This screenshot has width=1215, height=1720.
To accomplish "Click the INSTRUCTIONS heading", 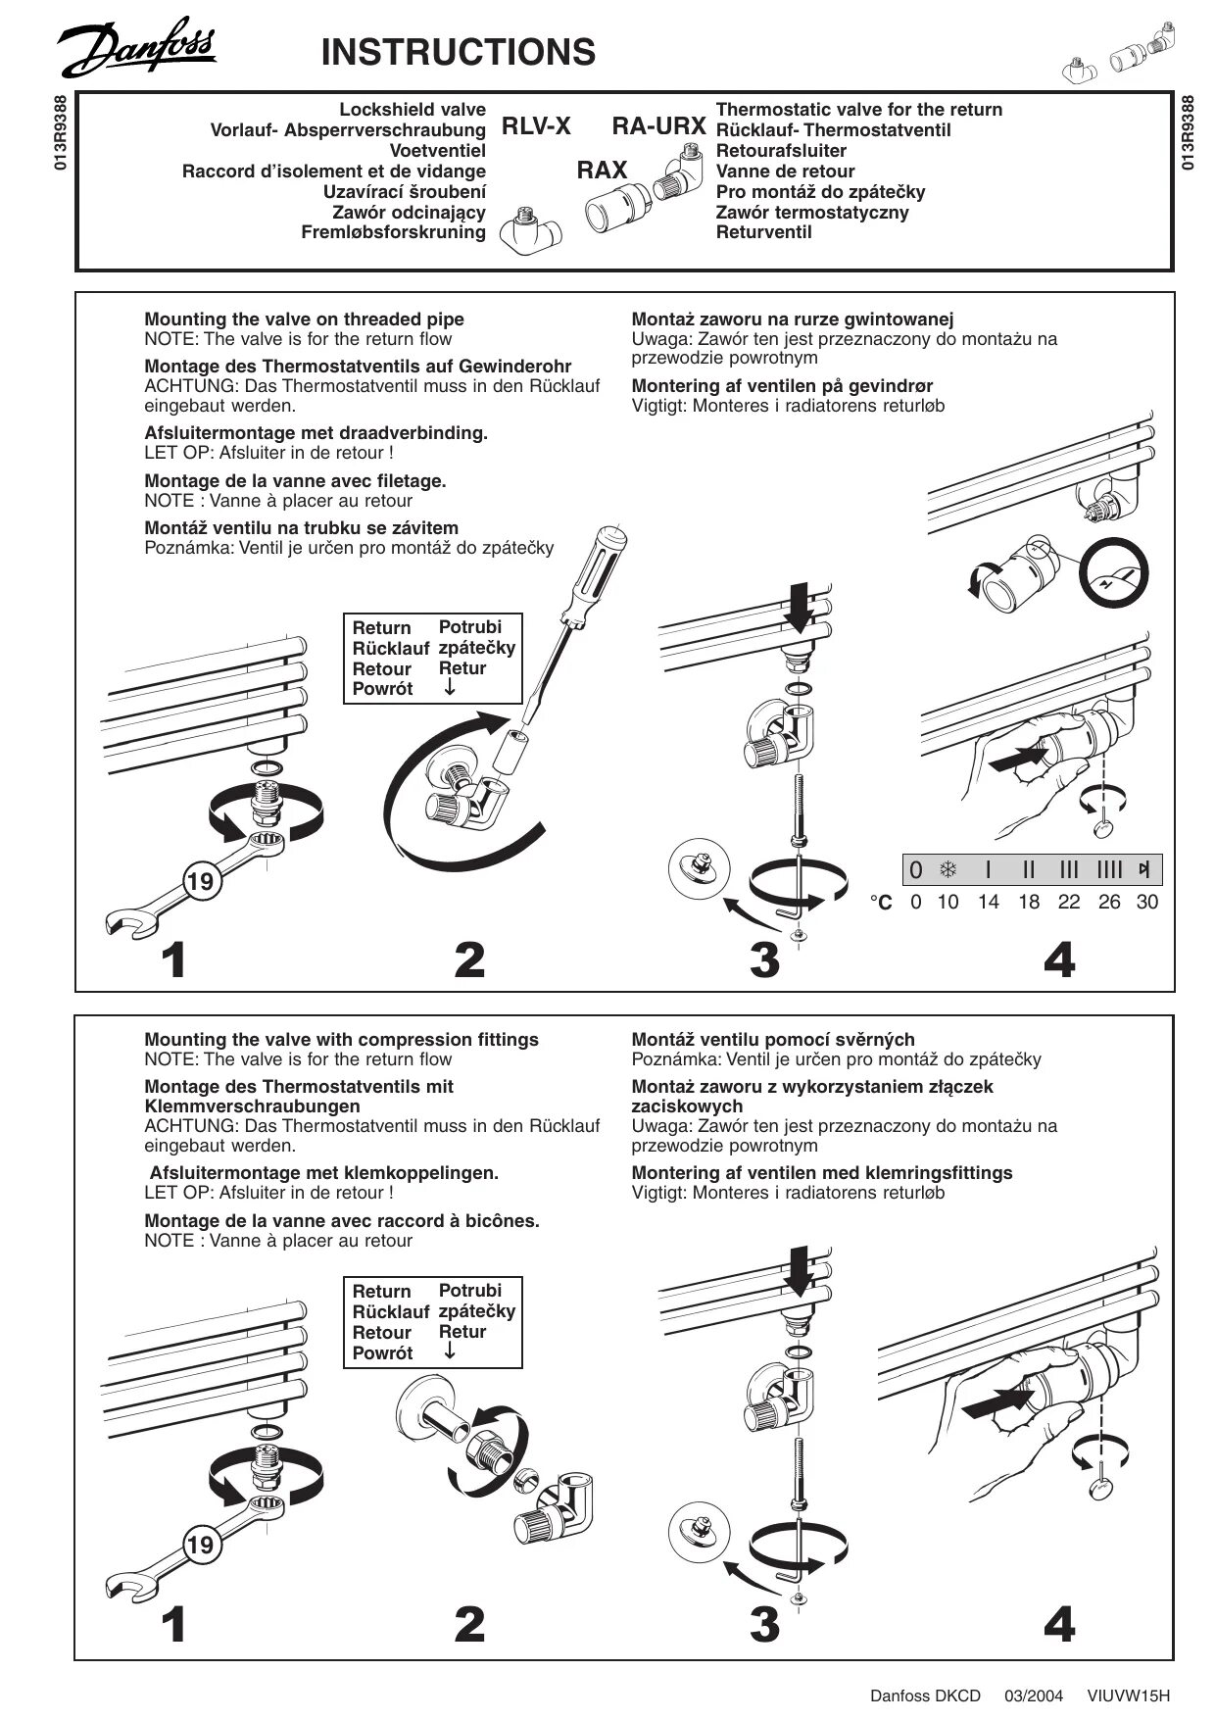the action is coord(458,52).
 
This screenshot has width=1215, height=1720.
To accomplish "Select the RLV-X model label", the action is coord(536,126).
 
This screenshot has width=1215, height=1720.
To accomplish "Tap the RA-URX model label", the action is coord(658,126).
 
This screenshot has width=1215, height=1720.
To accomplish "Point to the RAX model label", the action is coord(602,171).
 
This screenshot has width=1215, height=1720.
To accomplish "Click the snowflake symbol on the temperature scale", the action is coord(948,869).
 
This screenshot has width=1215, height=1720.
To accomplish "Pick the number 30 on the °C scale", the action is coord(1146,902).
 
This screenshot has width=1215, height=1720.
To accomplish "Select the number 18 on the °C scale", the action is coord(1028,902).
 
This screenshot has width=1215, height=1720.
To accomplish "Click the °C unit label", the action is coord(881,903).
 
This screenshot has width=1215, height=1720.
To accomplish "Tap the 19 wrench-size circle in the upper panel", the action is coord(200,881).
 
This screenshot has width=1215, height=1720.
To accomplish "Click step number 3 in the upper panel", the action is coord(764,959).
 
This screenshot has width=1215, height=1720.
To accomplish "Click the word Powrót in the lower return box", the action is coord(382,1353).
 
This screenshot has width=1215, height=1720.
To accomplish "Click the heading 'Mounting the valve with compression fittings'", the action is coord(341,1039).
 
